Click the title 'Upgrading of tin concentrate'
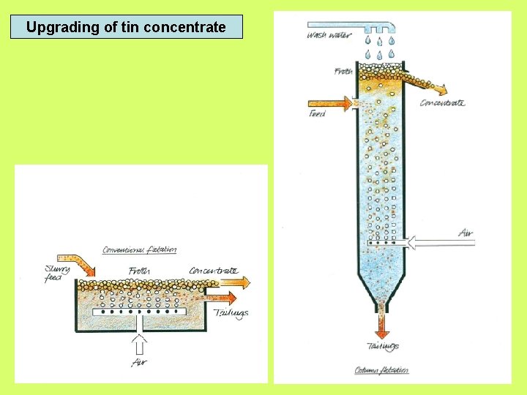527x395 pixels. (x=126, y=28)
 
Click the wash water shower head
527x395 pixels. (x=380, y=29)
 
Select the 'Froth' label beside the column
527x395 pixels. (x=343, y=71)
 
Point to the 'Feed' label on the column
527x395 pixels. (x=318, y=115)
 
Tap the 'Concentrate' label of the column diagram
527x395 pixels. (x=442, y=103)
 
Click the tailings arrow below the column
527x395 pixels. (x=381, y=324)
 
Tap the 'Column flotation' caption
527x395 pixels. (x=381, y=370)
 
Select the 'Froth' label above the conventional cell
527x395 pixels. (x=139, y=271)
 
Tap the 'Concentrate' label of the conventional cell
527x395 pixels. (x=214, y=271)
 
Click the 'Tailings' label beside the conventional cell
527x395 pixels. (x=231, y=313)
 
